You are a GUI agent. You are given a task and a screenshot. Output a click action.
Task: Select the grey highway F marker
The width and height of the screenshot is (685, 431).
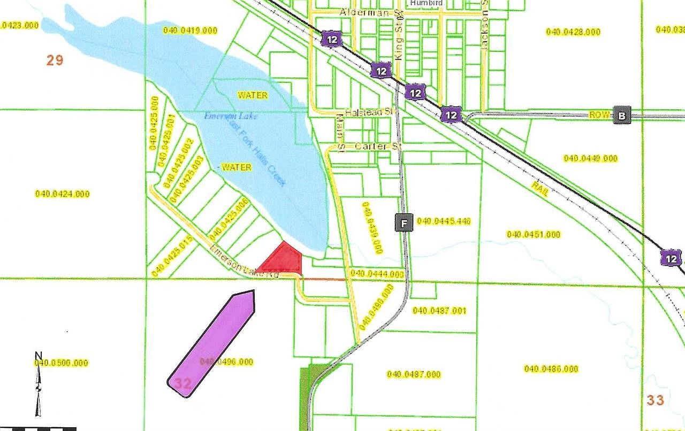click(404, 222)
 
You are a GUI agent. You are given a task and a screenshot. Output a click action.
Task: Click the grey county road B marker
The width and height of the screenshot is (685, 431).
click(622, 115)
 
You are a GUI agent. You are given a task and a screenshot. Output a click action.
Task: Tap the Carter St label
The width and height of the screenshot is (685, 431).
click(370, 146)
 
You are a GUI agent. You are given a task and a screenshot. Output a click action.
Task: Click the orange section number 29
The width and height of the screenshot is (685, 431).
click(55, 60)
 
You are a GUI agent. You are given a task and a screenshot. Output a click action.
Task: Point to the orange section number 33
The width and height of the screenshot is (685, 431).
click(655, 399)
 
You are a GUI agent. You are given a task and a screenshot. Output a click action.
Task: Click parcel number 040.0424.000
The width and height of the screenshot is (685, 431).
click(62, 194)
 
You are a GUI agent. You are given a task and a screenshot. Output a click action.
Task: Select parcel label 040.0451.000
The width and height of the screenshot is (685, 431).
click(534, 234)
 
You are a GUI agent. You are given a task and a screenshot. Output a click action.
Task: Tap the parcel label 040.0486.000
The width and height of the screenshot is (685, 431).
click(551, 369)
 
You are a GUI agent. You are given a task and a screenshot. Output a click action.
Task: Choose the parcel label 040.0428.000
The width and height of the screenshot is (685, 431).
click(573, 32)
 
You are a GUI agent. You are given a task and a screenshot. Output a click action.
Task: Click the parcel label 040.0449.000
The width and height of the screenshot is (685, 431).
click(591, 158)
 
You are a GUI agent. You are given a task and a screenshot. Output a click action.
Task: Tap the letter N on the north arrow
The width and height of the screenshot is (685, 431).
click(38, 356)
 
